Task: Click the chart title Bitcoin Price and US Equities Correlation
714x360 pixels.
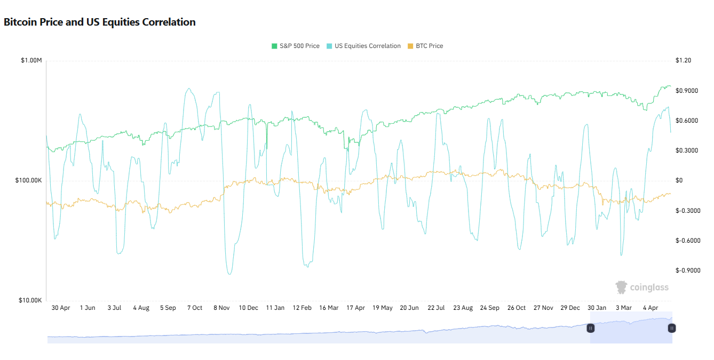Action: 100,22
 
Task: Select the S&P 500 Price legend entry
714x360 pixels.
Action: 296,46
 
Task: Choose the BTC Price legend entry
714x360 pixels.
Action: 425,46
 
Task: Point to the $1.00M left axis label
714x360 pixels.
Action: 31,61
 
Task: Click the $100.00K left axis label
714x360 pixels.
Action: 29,181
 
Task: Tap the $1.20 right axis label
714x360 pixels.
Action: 683,61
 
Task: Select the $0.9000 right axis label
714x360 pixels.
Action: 687,91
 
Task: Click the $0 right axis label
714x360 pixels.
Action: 679,181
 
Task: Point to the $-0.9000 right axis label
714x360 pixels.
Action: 688,270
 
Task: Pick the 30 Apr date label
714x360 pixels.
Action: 61,308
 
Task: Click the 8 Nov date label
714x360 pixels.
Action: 221,308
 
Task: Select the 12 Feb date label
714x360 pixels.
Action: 302,308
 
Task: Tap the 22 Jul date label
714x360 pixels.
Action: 436,308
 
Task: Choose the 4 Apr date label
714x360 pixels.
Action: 650,308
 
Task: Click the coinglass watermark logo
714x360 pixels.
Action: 642,287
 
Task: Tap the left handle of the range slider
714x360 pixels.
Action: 591,328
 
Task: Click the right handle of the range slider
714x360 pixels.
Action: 672,328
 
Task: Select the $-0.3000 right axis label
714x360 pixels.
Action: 688,211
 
